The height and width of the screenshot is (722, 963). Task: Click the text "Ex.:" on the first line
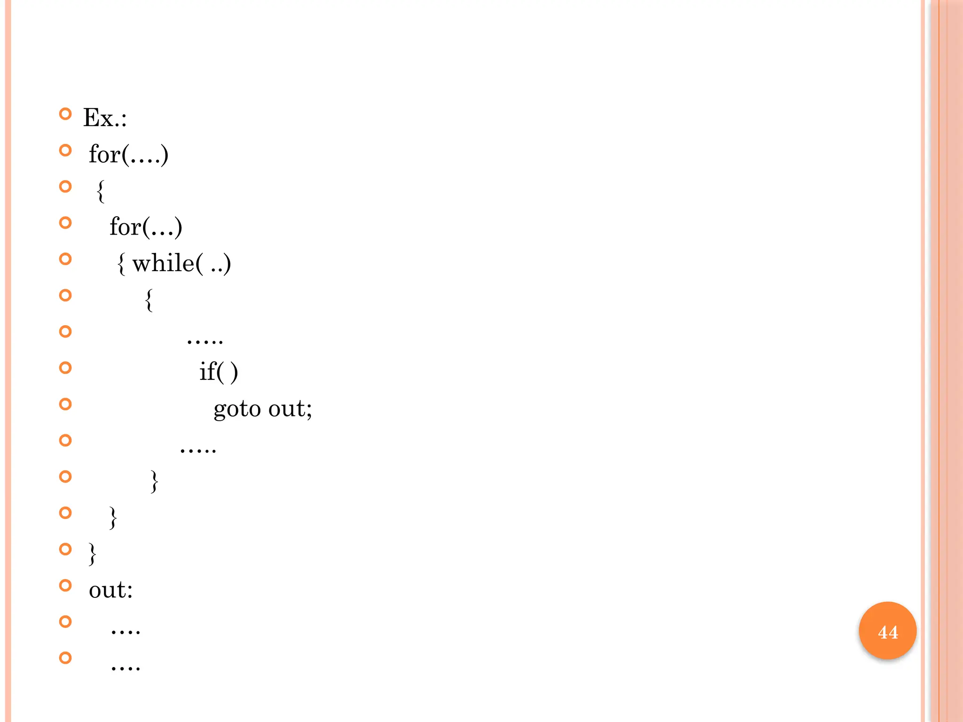(x=105, y=118)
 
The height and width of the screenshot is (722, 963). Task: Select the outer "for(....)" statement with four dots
(x=128, y=154)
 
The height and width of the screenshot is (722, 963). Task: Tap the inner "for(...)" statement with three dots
(x=146, y=227)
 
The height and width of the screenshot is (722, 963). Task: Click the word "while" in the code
(x=163, y=263)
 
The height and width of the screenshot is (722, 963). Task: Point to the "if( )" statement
(x=219, y=372)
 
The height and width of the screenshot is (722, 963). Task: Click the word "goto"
(x=237, y=408)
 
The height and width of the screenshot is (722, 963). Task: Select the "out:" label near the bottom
(x=111, y=590)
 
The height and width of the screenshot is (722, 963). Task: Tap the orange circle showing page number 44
(x=887, y=631)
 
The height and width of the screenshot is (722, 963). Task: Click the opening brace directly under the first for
(x=100, y=191)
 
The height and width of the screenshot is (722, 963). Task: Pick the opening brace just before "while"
(x=121, y=264)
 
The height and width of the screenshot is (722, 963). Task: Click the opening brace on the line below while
(x=149, y=300)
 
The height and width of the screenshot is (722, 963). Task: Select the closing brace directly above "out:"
(x=93, y=554)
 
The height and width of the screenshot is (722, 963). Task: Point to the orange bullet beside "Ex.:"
(x=65, y=114)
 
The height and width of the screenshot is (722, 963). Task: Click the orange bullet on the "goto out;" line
(x=65, y=404)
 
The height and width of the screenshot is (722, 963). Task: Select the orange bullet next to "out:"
(x=65, y=586)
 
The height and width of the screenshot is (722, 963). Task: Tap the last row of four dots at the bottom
(x=126, y=667)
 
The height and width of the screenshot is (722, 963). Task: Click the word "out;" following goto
(x=290, y=408)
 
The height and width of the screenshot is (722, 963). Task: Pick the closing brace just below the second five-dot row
(x=154, y=481)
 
